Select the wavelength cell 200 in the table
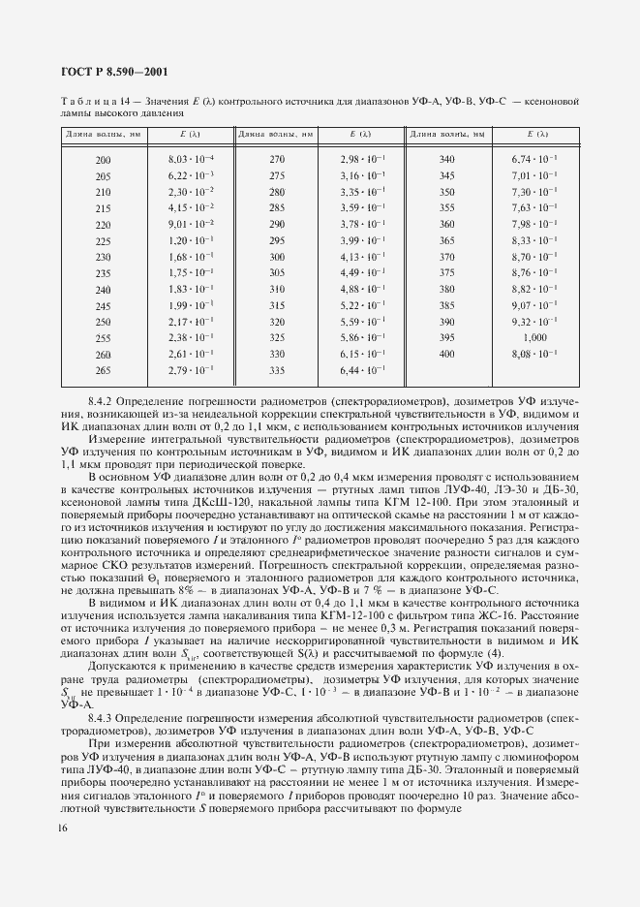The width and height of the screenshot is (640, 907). pyautogui.click(x=104, y=158)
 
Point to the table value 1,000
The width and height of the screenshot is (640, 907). pyautogui.click(x=534, y=336)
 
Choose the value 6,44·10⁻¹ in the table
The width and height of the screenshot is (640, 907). pyautogui.click(x=363, y=371)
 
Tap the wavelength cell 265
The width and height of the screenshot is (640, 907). pyautogui.click(x=104, y=371)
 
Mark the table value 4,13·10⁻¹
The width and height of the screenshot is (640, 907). pyautogui.click(x=363, y=256)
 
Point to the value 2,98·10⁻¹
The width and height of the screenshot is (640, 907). pyautogui.click(x=363, y=158)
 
